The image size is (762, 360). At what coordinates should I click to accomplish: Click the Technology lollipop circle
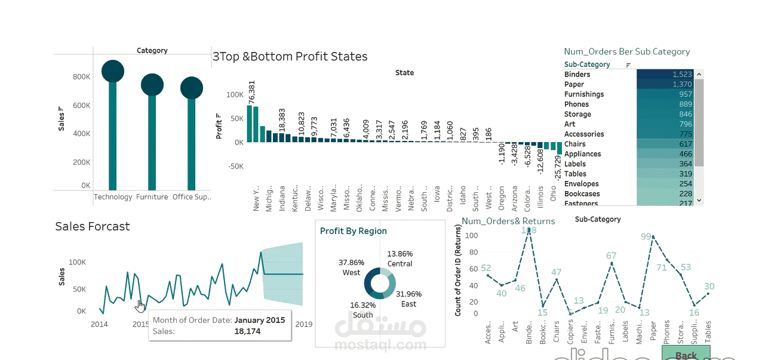[x=112, y=72]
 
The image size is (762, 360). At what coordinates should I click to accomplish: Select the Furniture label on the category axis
[x=152, y=197]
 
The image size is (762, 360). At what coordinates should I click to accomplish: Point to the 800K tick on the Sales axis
[x=81, y=77]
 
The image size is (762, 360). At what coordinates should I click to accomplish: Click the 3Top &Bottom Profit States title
[x=290, y=57]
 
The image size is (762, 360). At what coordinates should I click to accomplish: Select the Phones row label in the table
[x=576, y=104]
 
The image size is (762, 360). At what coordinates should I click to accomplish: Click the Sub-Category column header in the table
[x=587, y=64]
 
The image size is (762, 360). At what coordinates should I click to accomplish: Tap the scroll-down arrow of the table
[x=699, y=201]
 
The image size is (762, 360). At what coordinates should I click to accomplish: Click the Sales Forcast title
[x=93, y=226]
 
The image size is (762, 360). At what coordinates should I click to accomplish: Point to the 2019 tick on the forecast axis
[x=304, y=324]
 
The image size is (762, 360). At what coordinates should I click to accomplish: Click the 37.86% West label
[x=351, y=267]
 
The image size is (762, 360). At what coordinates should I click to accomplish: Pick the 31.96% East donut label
[x=408, y=299]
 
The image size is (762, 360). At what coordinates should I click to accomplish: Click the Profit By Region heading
[x=353, y=231]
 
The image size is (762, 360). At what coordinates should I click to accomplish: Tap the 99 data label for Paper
[x=646, y=236]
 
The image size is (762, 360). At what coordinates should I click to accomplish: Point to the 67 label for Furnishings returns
[x=611, y=256]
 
